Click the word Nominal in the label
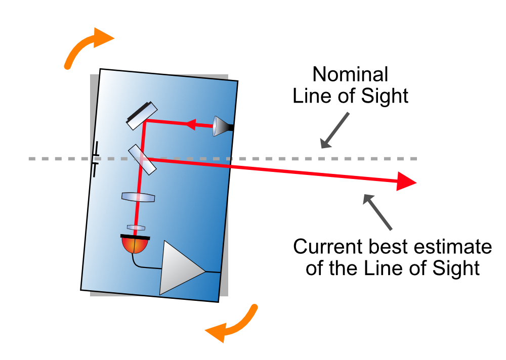tap(350, 74)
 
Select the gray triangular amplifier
tap(180, 268)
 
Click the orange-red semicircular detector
tap(135, 246)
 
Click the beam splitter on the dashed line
tap(142, 159)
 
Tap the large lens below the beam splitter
tap(138, 197)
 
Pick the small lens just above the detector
tap(136, 228)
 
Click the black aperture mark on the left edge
tap(96, 160)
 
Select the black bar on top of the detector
tap(135, 236)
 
